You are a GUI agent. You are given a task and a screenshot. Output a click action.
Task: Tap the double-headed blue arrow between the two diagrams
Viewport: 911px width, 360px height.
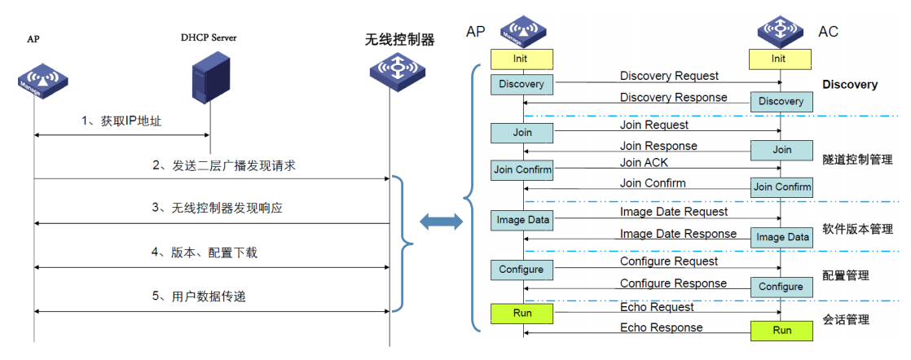tap(440, 222)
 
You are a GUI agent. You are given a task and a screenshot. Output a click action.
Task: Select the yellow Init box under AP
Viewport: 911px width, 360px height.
tap(522, 59)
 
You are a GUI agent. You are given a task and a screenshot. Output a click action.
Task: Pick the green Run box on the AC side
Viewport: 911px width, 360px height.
tap(781, 331)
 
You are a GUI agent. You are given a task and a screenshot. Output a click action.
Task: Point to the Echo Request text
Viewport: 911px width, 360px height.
tap(657, 307)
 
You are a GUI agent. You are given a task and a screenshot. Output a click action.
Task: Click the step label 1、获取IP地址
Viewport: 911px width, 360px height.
tap(121, 121)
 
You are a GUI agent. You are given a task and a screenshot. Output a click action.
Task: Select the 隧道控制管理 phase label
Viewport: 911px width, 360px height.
tap(857, 160)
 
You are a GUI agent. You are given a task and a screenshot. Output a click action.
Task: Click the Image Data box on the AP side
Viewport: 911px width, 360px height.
tap(522, 220)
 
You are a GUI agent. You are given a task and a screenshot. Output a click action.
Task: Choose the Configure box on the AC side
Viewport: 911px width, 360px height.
tap(781, 287)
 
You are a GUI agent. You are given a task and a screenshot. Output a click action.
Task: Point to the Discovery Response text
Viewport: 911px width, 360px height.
tap(673, 98)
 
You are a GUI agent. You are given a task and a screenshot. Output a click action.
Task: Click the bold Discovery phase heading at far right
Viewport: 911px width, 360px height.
tap(849, 85)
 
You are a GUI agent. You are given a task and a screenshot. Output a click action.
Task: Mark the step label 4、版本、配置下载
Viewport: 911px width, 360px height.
tap(205, 252)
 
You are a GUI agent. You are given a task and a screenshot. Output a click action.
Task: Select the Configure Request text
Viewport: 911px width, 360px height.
tap(669, 261)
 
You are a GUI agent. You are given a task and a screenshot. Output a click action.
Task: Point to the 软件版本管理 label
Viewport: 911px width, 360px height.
tap(857, 229)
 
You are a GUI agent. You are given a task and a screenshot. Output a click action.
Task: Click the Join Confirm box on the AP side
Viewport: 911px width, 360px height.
tap(522, 170)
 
